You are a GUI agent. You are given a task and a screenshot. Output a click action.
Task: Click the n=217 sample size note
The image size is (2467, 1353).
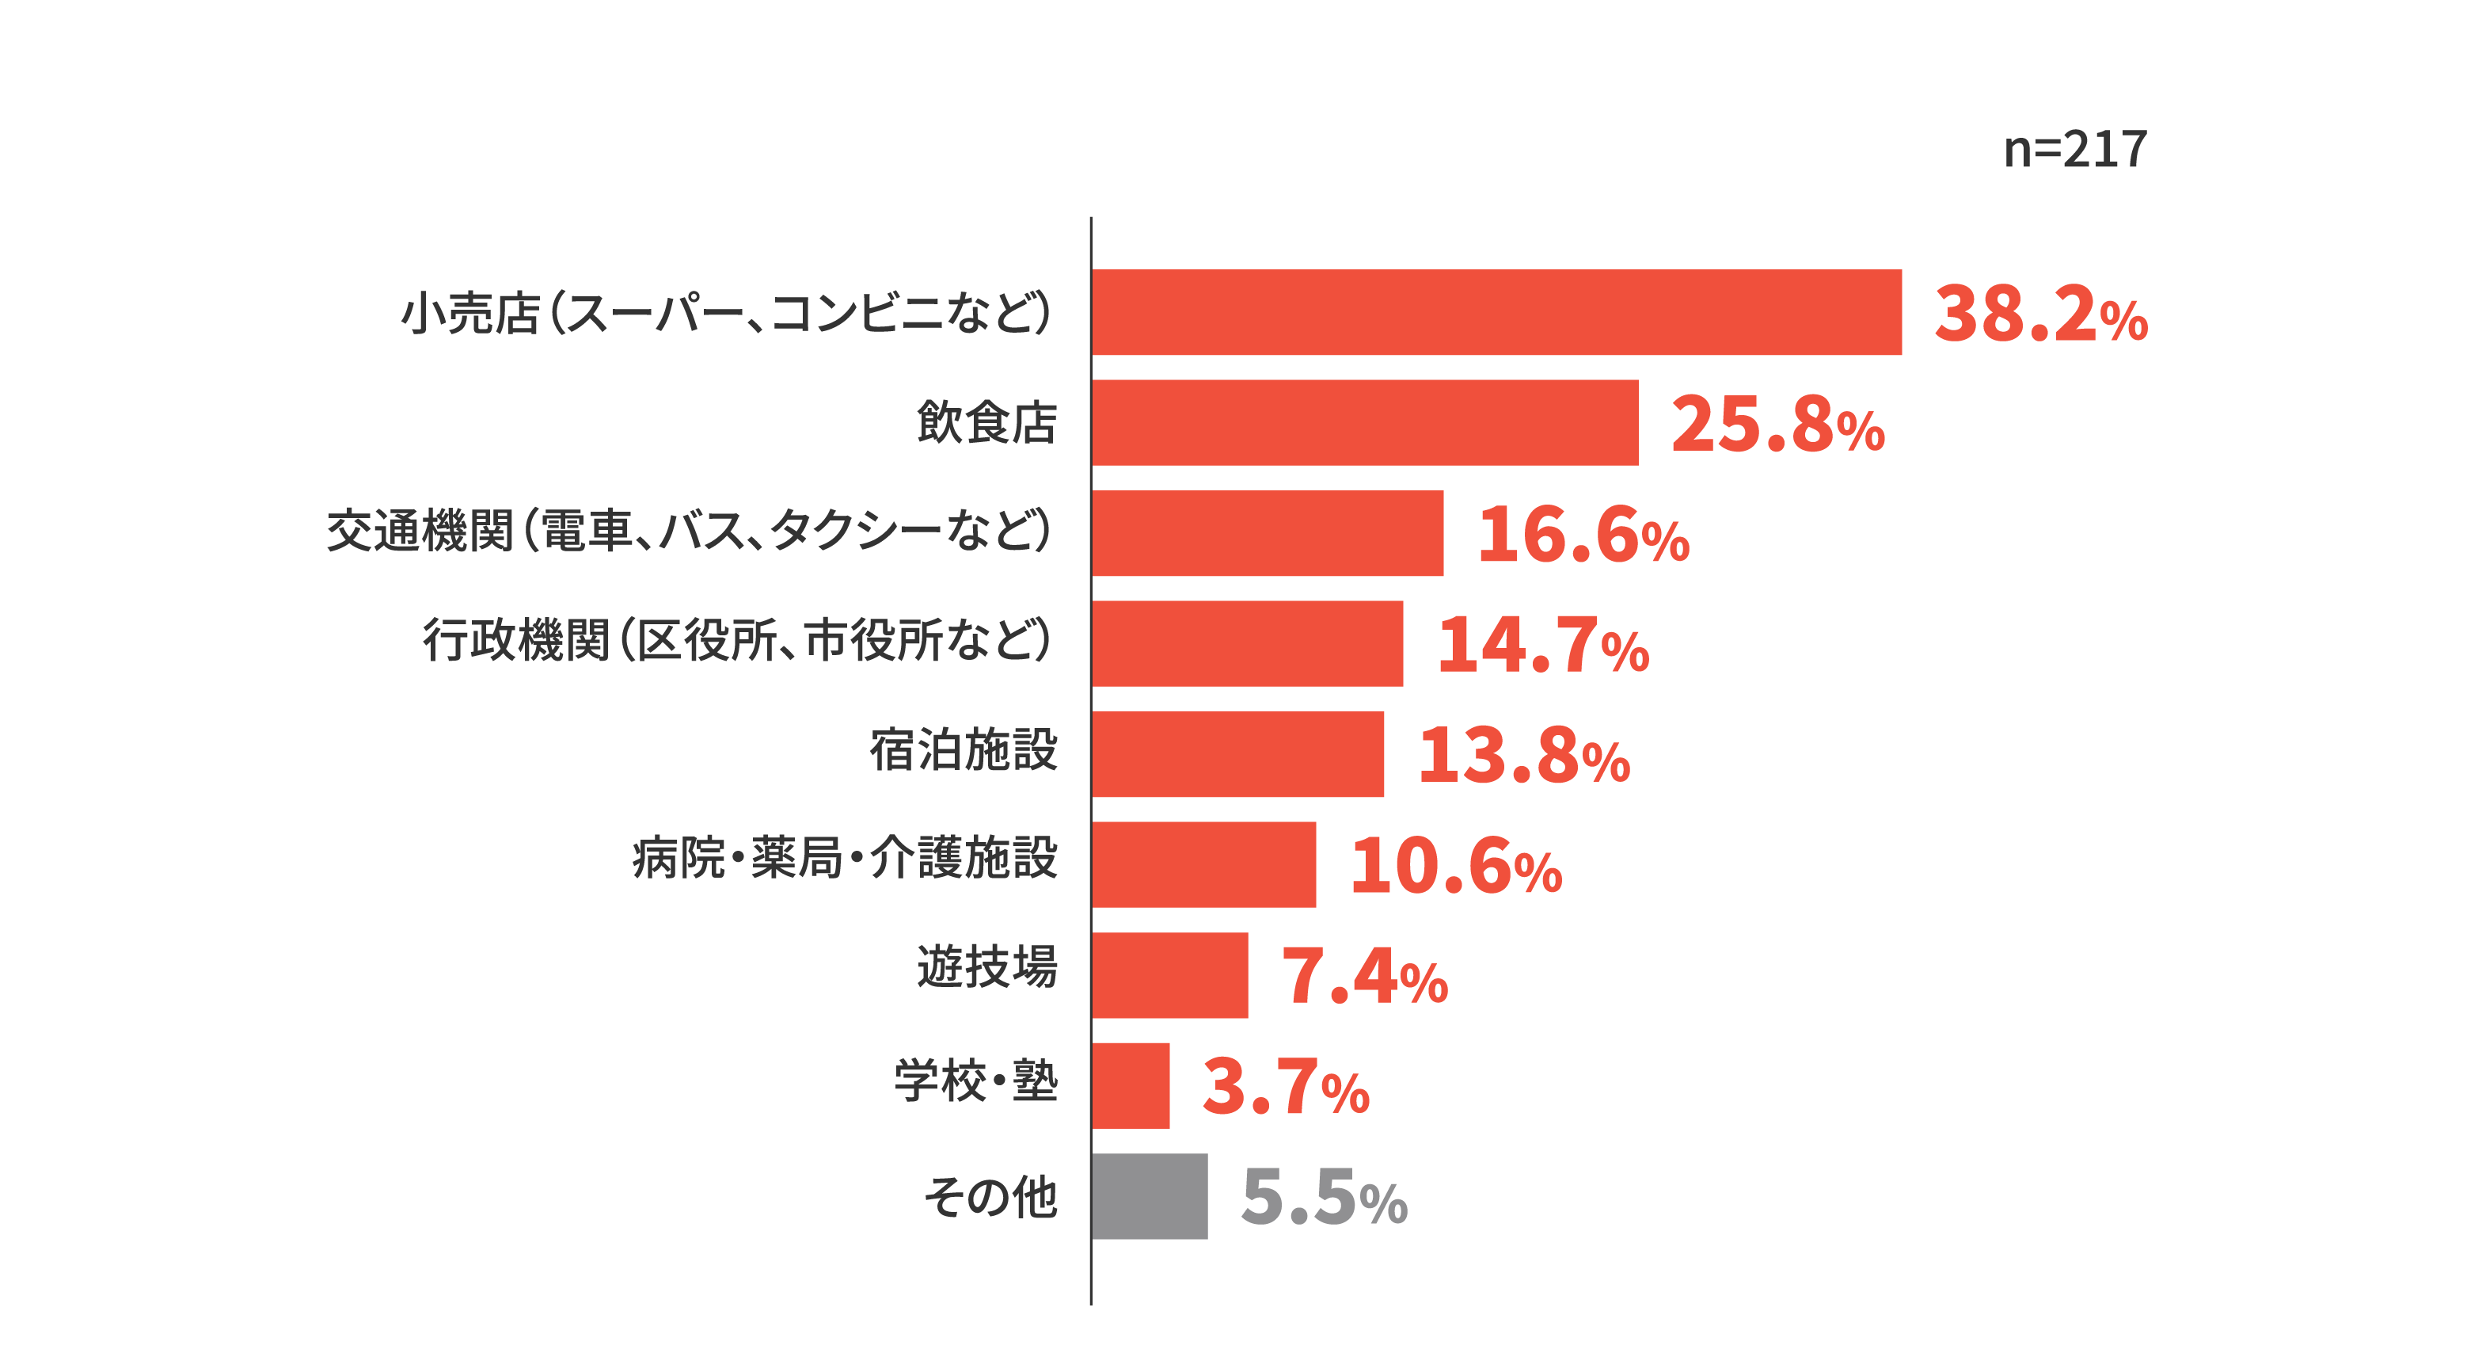(2075, 150)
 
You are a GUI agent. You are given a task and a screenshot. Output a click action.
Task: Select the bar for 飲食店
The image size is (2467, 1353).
(1365, 422)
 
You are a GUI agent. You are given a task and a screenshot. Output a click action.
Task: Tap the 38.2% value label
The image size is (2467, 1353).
(2041, 314)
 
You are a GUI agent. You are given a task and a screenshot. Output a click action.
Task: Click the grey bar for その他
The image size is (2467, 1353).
(1150, 1196)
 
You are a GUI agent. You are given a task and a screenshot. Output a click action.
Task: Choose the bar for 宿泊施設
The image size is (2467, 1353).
(1237, 754)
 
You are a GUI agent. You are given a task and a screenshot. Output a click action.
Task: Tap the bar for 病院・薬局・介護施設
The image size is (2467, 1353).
(1204, 864)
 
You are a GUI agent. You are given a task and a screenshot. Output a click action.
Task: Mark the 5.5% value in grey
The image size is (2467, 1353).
(1324, 1198)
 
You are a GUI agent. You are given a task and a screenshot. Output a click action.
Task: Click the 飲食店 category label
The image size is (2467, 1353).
(986, 421)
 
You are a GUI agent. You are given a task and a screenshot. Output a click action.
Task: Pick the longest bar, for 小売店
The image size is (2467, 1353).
(1496, 312)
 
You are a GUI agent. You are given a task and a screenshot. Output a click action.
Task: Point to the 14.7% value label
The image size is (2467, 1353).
(1543, 644)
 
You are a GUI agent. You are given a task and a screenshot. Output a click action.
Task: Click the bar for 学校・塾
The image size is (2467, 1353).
(1130, 1086)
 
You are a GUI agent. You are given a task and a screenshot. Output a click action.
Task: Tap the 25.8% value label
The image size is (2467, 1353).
(1777, 425)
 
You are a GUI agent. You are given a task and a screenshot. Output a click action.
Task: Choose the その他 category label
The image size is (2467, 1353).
(990, 1197)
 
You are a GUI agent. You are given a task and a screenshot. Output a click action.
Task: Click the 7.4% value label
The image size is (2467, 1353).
(1364, 977)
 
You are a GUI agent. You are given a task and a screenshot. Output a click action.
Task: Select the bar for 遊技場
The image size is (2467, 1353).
(1169, 975)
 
